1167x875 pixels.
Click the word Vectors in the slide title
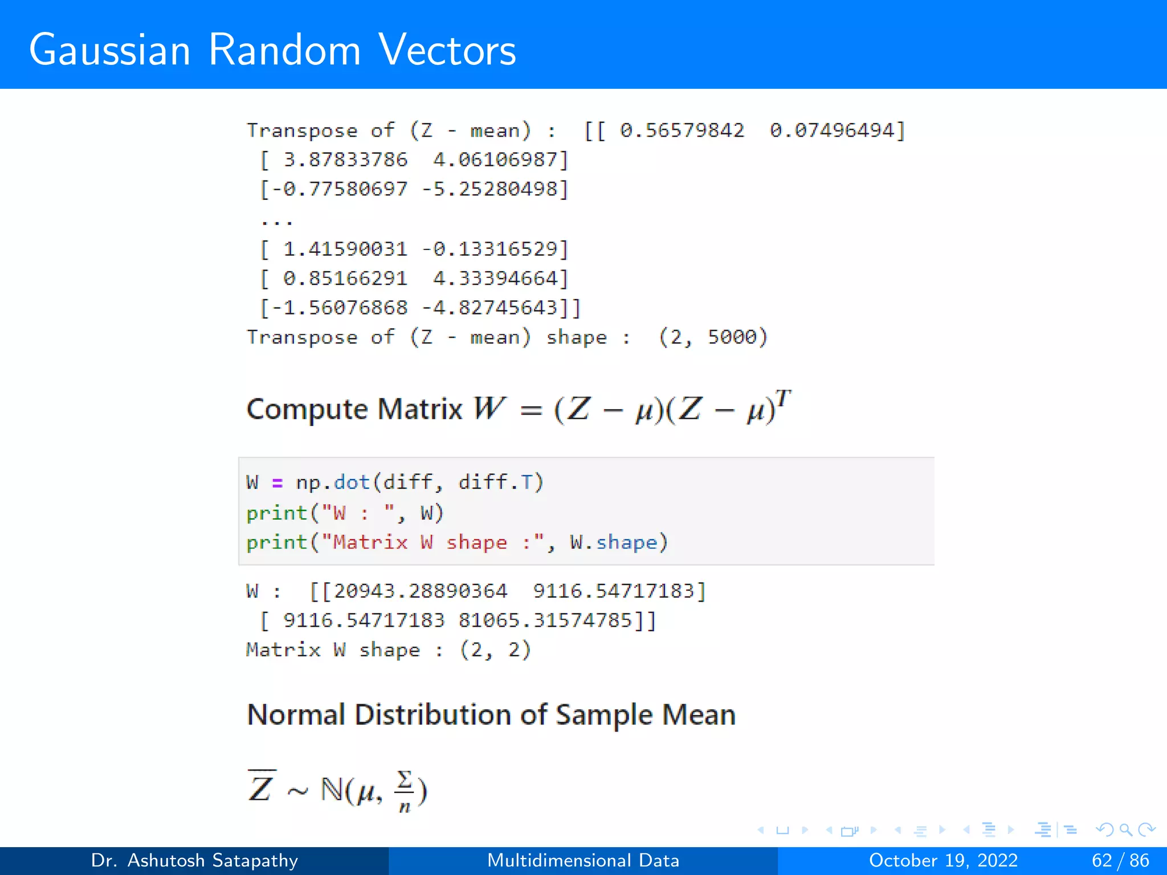447,50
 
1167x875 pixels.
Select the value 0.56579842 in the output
682,130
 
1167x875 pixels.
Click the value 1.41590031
345,249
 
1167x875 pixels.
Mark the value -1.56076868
339,308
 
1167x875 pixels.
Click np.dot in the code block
333,483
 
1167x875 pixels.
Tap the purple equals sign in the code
278,483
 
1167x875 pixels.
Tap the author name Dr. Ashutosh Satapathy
194,860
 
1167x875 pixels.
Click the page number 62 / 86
1120,860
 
